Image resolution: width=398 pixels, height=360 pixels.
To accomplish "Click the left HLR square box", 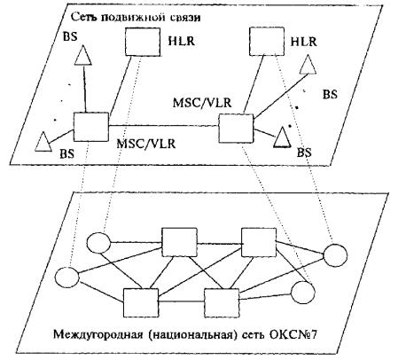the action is pos(143,42).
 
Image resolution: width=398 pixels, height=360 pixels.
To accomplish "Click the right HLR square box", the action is pos(267,42).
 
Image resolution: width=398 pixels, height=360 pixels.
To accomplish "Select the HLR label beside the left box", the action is pos(182,41).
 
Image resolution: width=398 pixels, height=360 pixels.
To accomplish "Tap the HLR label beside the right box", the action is pos(304,42).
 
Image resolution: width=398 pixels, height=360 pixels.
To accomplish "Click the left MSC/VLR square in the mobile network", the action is pos(91,127).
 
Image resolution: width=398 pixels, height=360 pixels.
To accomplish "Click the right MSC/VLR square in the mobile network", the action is pos(236,129).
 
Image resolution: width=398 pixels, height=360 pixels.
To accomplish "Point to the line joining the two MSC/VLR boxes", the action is pos(163,126).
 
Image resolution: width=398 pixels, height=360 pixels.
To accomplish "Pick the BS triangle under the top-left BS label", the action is pos(83,55).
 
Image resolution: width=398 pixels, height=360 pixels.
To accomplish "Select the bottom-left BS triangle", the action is pos(43,142).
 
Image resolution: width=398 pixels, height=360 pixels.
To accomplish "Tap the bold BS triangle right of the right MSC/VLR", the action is pos(282,137).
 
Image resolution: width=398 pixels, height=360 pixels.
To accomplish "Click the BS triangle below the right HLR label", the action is pos(308,65).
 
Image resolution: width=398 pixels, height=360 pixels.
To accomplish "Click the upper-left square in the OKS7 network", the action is pos(180,242).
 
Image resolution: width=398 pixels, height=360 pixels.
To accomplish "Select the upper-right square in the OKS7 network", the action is pos(259,242).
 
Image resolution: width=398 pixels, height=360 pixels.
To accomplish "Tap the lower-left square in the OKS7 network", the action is pos(141,303).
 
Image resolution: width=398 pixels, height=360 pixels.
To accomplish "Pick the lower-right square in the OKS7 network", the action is pos(222,303).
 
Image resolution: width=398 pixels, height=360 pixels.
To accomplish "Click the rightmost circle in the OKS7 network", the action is pos(335,255).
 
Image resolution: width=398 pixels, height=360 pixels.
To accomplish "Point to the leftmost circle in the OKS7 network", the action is pos(67,278).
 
